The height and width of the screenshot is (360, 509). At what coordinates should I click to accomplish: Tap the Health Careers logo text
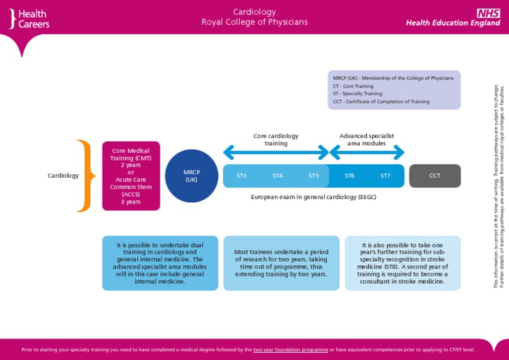(x=33, y=19)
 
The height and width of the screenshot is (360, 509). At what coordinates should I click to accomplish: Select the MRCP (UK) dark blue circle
(x=192, y=176)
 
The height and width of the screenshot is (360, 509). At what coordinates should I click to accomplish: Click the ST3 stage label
(x=241, y=176)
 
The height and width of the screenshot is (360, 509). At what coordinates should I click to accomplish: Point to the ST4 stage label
(x=278, y=176)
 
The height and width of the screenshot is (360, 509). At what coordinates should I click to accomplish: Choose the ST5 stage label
(x=313, y=176)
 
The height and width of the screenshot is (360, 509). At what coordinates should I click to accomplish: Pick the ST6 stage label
(x=349, y=176)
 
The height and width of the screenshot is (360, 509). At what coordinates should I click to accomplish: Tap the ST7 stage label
(x=385, y=176)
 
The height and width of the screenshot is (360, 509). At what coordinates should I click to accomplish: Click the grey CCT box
(x=435, y=176)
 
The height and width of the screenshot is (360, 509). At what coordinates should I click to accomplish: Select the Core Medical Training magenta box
(x=131, y=176)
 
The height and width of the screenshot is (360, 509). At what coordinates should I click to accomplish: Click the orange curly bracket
(x=84, y=176)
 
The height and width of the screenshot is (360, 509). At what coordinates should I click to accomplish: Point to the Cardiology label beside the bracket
(x=63, y=176)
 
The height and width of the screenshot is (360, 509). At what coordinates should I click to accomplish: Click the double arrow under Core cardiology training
(x=276, y=153)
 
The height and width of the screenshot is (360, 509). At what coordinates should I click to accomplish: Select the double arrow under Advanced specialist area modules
(x=367, y=153)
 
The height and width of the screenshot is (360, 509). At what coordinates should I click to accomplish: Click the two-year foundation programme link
(x=290, y=349)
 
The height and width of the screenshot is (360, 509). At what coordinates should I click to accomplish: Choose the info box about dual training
(x=160, y=263)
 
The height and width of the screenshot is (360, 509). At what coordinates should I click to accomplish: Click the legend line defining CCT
(x=381, y=101)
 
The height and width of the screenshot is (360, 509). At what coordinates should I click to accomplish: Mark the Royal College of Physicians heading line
(x=254, y=23)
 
